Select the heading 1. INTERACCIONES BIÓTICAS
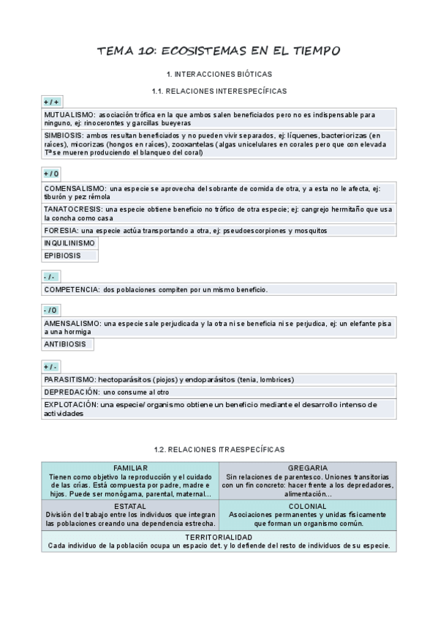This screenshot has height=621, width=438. pos(219,75)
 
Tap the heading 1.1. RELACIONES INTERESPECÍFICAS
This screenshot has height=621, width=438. pos(219,91)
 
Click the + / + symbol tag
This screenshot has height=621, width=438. pos(51,102)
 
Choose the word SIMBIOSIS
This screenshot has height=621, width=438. pos(64,135)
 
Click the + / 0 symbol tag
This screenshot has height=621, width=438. pos(51,174)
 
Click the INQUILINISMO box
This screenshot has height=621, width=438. pos(69,242)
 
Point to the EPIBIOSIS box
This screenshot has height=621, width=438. pos(62,256)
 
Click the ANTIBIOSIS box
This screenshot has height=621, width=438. pos(65,343)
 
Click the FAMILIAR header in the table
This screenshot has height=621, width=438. pos(131,467)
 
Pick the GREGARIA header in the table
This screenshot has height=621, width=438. pos(307,467)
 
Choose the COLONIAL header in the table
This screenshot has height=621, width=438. pos(307,506)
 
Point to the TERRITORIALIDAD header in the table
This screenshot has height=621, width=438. pos(219,537)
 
